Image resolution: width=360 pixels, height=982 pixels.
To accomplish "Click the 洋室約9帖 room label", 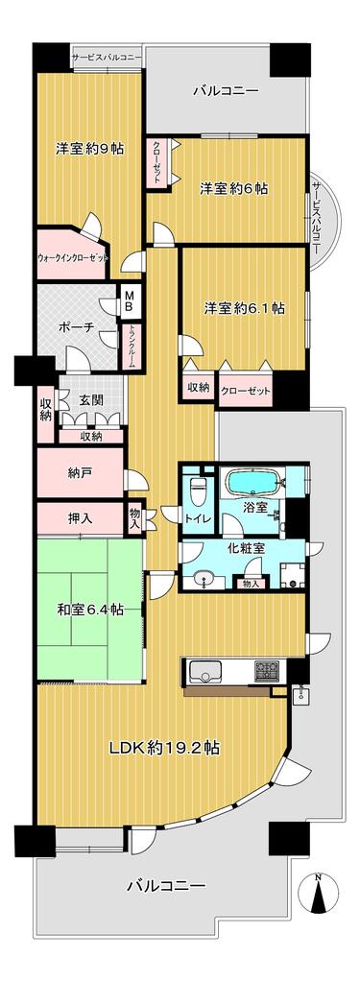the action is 88,149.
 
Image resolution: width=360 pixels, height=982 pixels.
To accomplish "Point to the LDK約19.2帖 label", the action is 165,747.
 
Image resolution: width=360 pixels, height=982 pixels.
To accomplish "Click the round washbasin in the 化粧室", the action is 203,580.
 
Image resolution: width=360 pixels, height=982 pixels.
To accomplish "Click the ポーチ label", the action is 77,327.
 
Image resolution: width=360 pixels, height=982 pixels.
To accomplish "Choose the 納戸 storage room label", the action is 79,472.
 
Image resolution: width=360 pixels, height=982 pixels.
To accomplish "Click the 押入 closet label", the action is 79,518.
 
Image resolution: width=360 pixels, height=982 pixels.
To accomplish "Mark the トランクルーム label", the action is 132,346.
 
